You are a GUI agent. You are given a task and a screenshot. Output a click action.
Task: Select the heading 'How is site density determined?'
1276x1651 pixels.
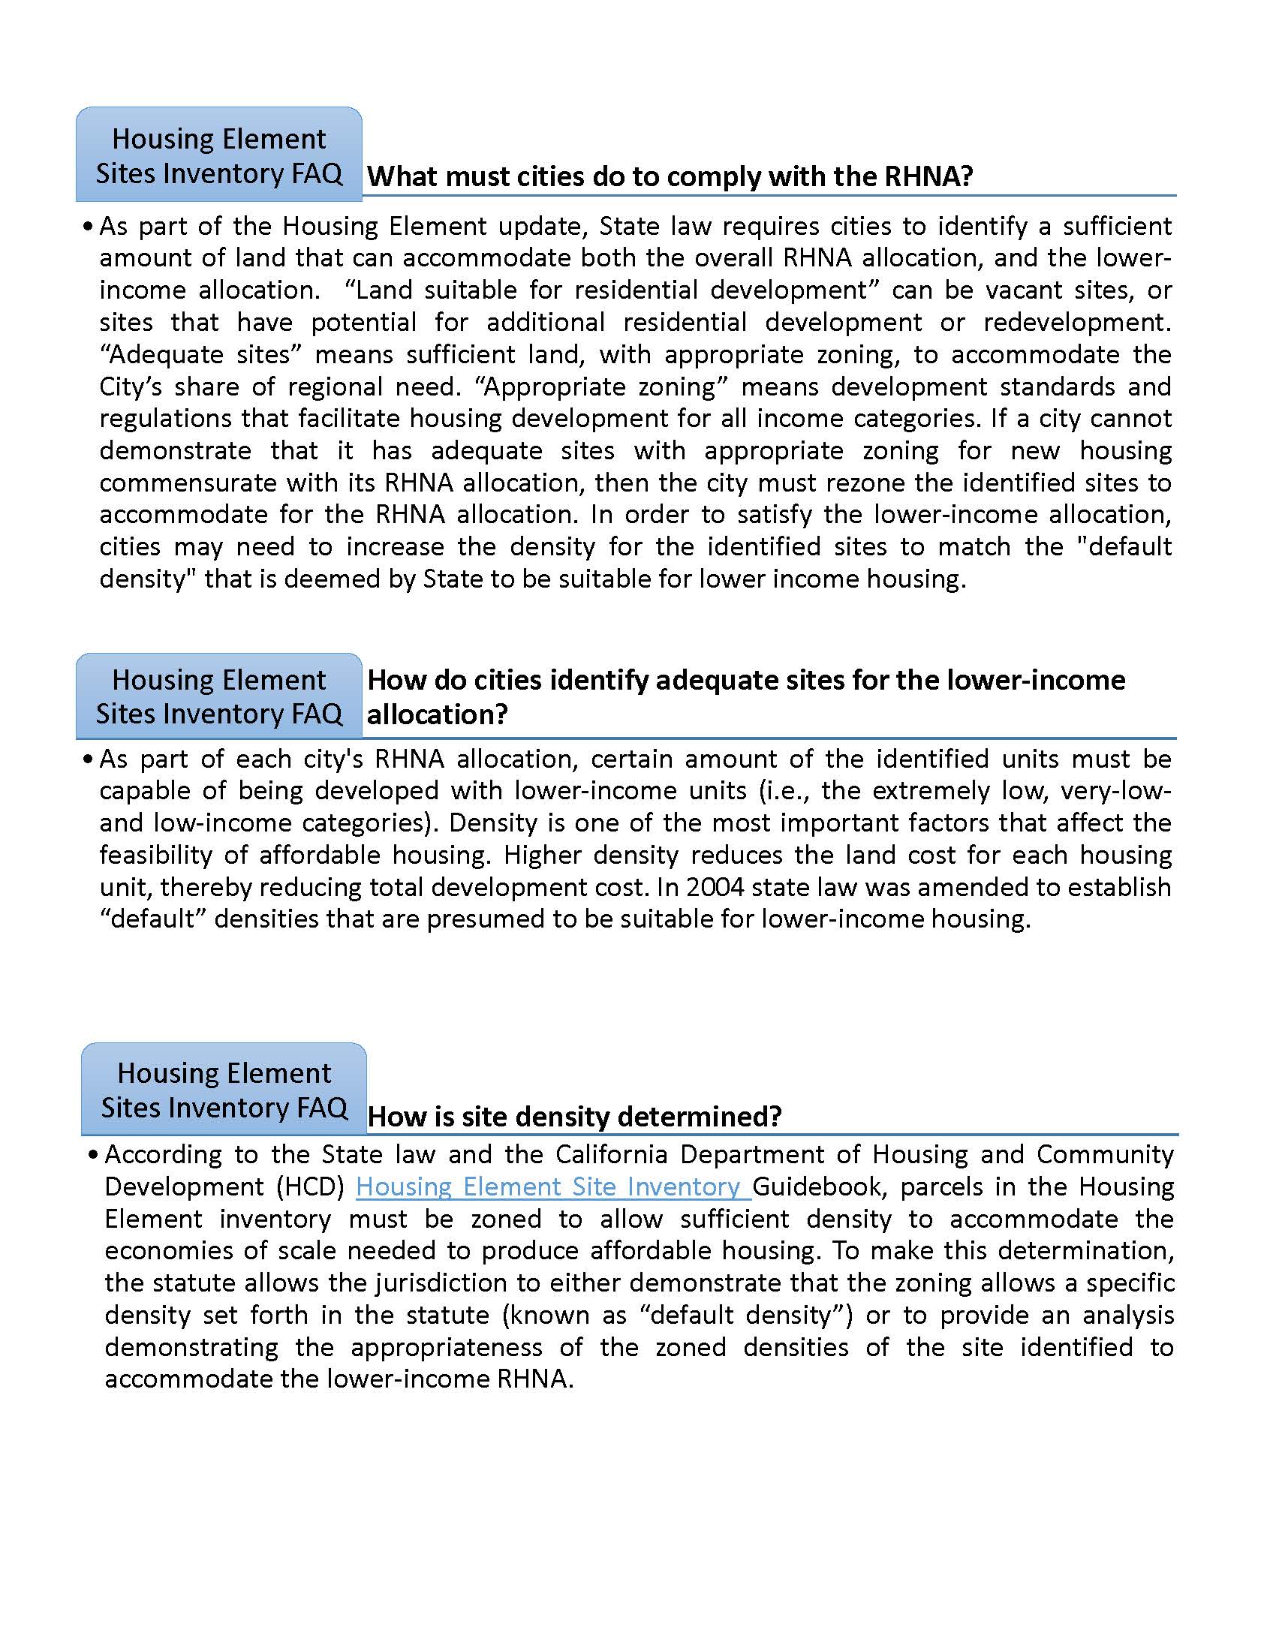point(573,1117)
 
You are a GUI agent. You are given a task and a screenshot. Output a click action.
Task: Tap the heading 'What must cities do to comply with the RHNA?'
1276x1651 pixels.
point(670,176)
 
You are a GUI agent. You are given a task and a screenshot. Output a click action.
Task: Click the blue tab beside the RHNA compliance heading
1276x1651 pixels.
point(218,156)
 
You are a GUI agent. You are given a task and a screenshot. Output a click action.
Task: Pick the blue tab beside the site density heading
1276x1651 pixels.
point(224,1090)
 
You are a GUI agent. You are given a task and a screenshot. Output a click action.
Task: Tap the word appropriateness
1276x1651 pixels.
point(446,1347)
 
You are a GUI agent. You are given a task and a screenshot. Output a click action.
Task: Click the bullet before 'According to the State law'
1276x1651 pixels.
point(93,1155)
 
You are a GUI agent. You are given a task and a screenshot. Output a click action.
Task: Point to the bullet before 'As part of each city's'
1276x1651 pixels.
point(88,759)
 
